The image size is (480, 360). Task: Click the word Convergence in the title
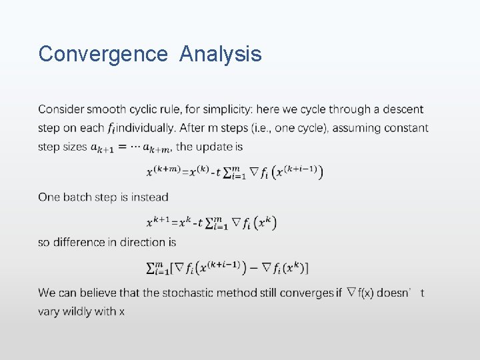[103, 53]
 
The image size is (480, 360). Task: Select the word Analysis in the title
[221, 53]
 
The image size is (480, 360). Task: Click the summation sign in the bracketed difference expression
[153, 268]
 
